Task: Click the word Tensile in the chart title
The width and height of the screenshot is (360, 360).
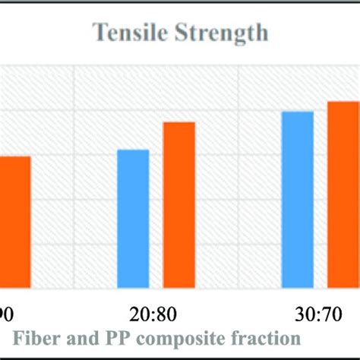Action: (125, 33)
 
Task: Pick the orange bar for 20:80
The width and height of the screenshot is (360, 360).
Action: (179, 205)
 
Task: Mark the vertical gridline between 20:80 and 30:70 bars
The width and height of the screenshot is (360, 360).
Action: (239, 175)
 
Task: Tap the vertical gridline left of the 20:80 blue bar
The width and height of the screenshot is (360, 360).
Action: (74, 175)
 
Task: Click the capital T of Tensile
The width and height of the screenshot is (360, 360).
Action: (99, 33)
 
